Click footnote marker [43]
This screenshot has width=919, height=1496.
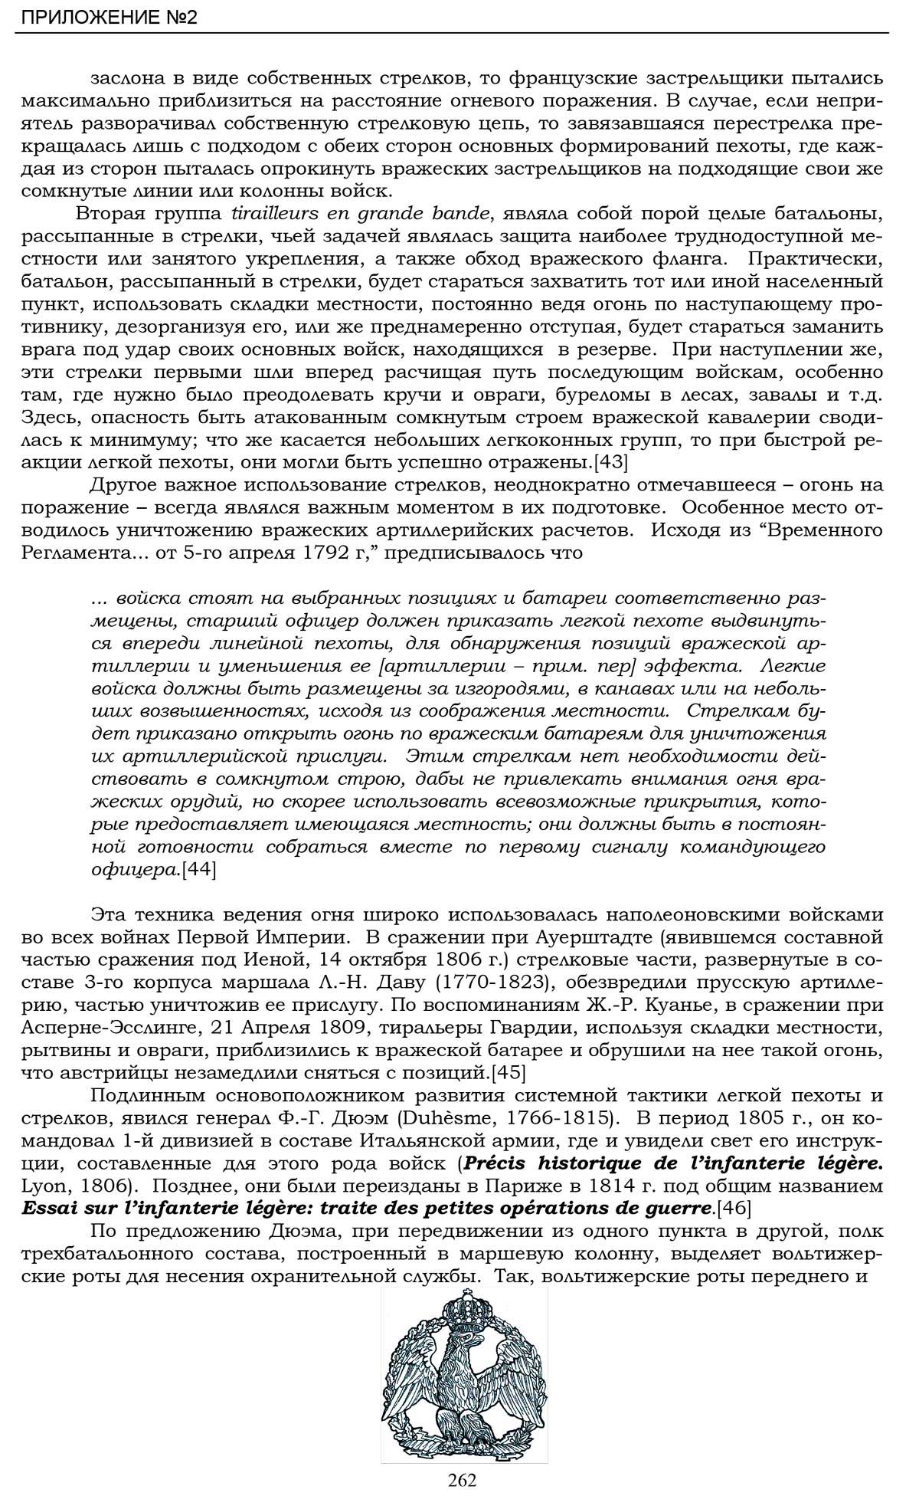tap(611, 462)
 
